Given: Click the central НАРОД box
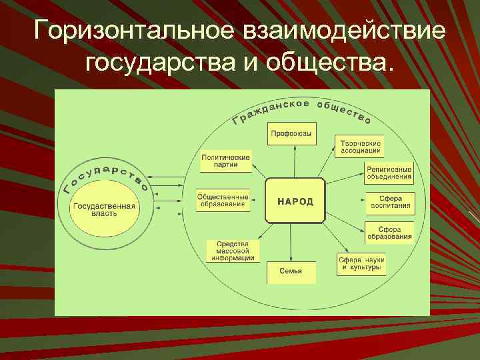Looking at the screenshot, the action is click(x=295, y=201).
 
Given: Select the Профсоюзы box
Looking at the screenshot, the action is click(x=291, y=135).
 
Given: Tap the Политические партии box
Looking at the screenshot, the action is click(x=225, y=162).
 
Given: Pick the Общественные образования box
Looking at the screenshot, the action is click(x=223, y=201).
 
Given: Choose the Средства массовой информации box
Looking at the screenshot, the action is click(x=233, y=251).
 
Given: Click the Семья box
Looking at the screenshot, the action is click(x=291, y=272).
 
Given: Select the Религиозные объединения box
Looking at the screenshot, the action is click(x=389, y=173).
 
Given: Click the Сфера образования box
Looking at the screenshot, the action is click(x=389, y=231).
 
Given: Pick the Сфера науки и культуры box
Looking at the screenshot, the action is click(x=361, y=263).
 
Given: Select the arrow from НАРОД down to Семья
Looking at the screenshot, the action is click(x=292, y=241).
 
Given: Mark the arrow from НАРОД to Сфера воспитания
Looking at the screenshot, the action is click(x=344, y=200).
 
